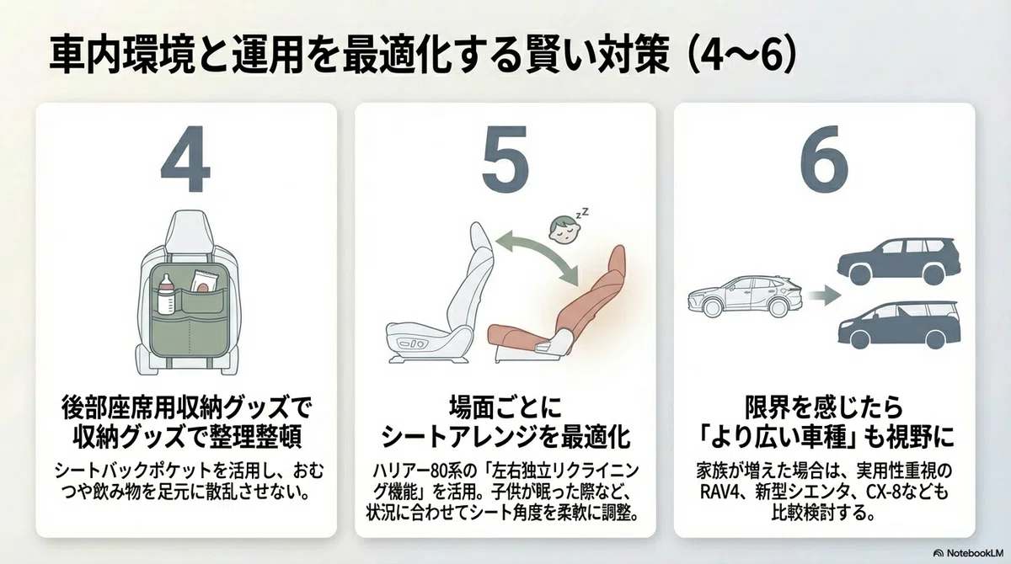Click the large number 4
pyautogui.click(x=185, y=159)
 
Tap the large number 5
pyautogui.click(x=505, y=159)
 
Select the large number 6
pyautogui.click(x=824, y=159)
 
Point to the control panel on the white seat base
pyautogui.click(x=412, y=344)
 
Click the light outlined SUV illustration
pyautogui.click(x=745, y=295)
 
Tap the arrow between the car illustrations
pyautogui.click(x=824, y=295)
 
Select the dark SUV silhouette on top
pyautogui.click(x=899, y=262)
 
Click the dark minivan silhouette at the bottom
pyautogui.click(x=899, y=325)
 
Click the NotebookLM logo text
pyautogui.click(x=971, y=553)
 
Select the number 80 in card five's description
pyautogui.click(x=439, y=471)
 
